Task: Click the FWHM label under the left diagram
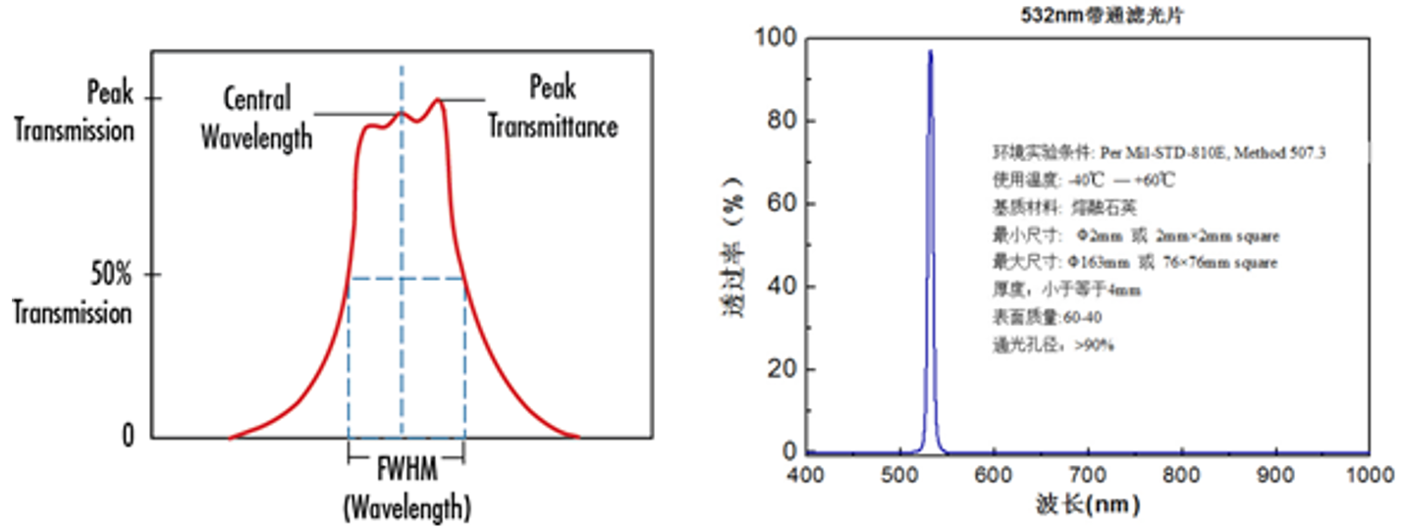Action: (406, 463)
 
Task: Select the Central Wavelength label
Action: (256, 118)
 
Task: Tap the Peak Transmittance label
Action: (553, 108)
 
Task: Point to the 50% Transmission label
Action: (73, 293)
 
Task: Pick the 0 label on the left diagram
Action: (128, 438)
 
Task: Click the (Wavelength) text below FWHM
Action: (406, 507)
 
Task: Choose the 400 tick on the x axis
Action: (805, 475)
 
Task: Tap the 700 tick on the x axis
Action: (1088, 475)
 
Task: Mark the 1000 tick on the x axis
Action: (1370, 475)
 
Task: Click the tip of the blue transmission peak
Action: (930, 51)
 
